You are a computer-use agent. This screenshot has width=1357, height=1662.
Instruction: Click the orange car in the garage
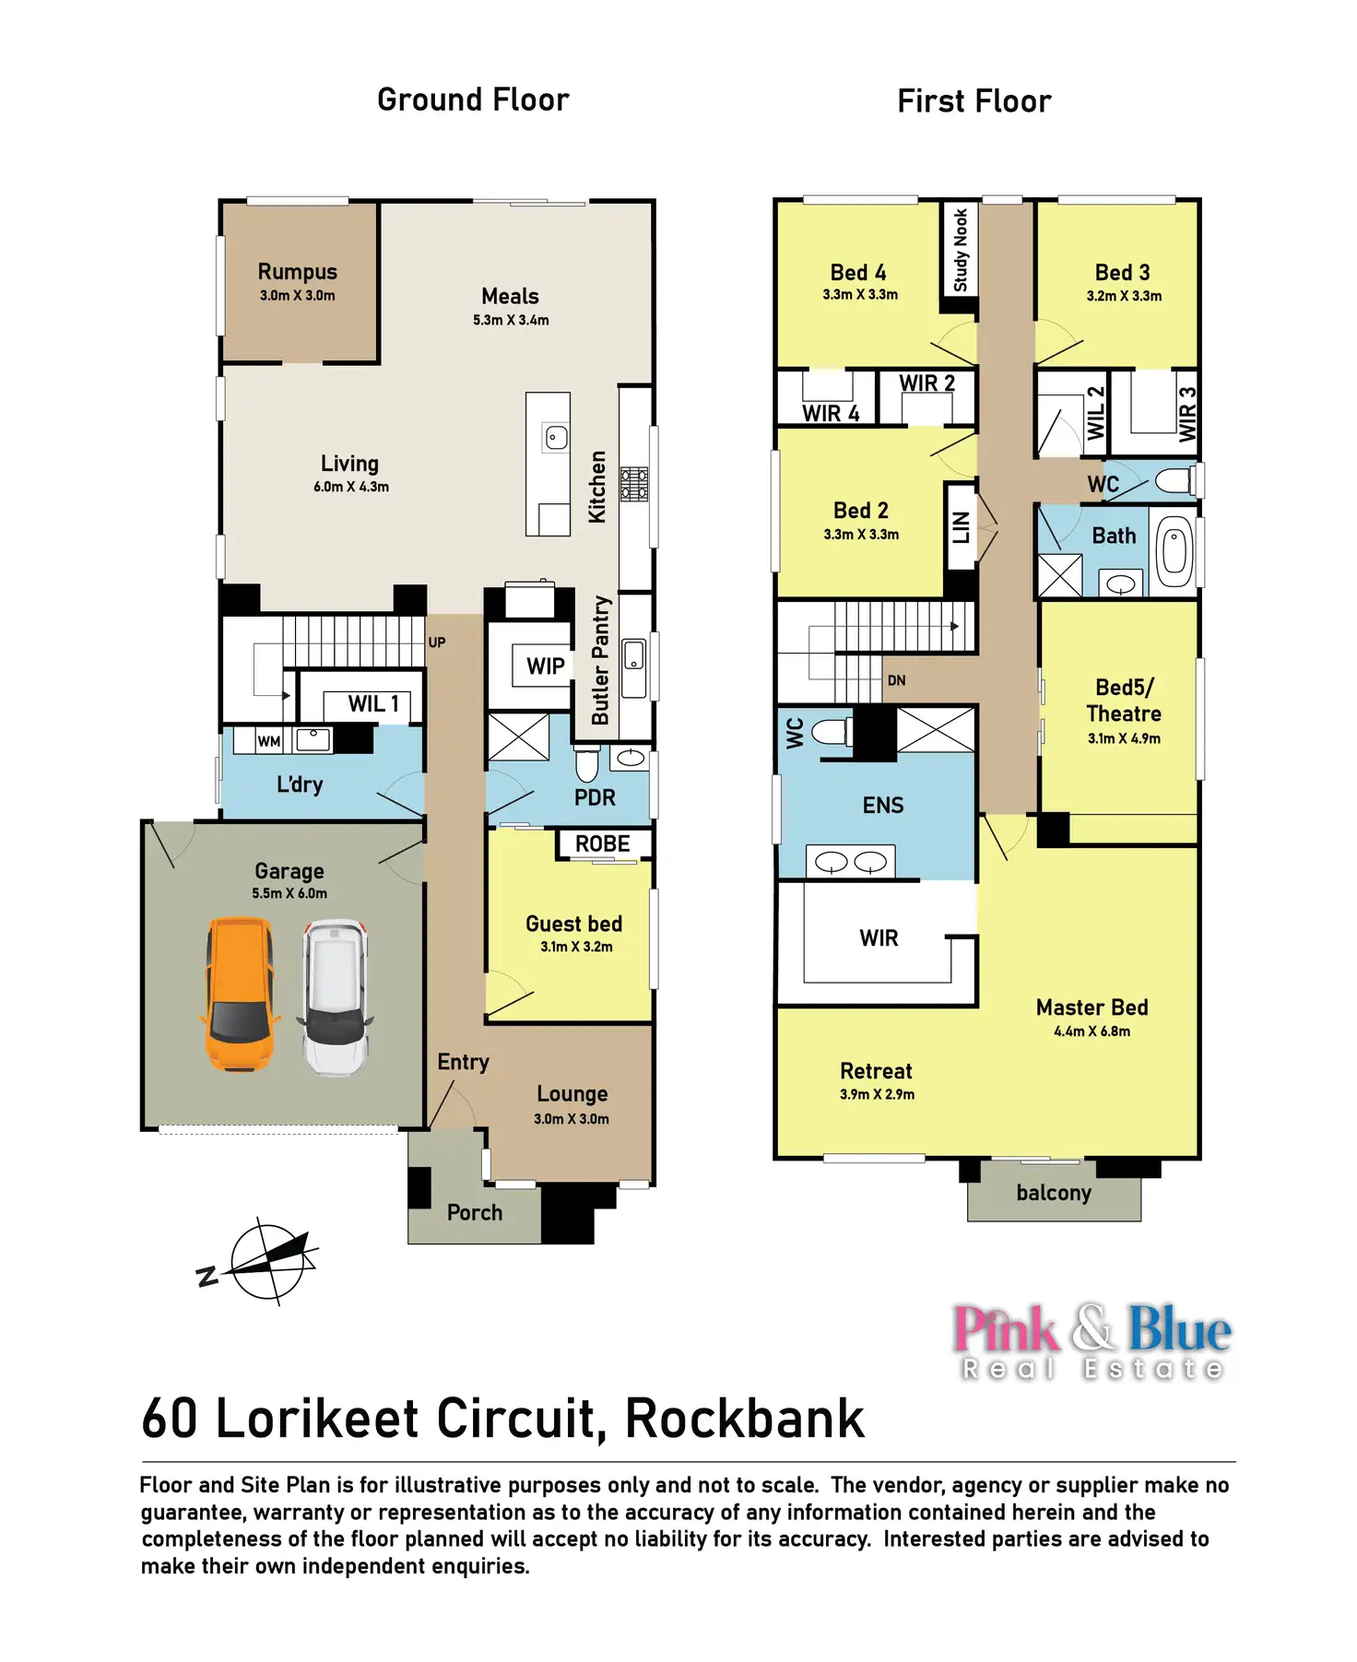coord(240,994)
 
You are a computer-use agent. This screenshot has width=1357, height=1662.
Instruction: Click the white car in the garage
coord(336,996)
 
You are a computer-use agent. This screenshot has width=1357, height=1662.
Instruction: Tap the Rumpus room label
coord(297,272)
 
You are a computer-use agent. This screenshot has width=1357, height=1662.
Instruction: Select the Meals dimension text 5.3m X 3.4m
coord(511,321)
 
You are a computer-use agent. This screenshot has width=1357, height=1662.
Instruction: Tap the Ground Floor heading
coord(473,100)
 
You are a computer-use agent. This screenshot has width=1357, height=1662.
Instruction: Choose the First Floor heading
coord(973,101)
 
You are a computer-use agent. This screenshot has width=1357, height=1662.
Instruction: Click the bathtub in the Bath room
coord(1174,552)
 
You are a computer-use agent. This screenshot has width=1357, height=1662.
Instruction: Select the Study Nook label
coord(960,249)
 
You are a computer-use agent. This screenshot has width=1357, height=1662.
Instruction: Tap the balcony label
coord(1054,1193)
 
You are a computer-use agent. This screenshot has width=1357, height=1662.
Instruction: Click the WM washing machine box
coord(269,741)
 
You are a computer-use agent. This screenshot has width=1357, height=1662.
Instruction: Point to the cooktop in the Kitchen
coord(634,484)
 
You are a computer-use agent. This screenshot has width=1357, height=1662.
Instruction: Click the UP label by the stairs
coord(437,642)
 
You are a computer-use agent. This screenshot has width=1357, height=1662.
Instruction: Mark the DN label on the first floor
coord(896,681)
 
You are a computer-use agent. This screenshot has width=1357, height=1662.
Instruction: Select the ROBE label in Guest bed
coord(603,844)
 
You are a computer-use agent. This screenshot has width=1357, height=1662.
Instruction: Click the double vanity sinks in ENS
coord(850,863)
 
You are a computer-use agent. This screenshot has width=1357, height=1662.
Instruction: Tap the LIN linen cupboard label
coord(961,527)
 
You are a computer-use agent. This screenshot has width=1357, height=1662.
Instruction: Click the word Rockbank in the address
coord(745,1419)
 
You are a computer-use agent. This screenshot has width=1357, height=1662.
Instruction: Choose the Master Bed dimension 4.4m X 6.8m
coord(1091,1031)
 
